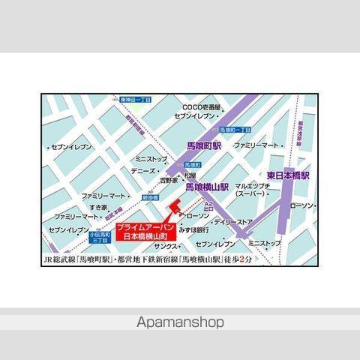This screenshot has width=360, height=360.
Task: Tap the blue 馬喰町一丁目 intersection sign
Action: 235,130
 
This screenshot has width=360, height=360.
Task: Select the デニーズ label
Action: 142,170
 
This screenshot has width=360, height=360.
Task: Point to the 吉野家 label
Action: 168,181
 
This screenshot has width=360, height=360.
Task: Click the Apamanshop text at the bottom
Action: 180,322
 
